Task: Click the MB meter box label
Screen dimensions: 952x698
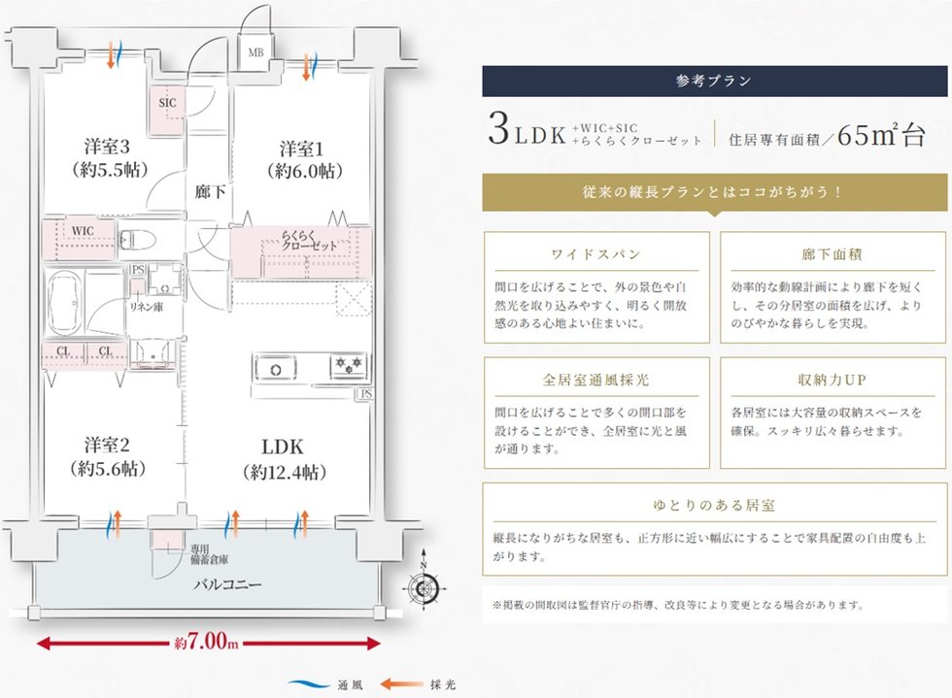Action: coord(255,52)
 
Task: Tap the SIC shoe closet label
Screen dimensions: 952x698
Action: coord(167,103)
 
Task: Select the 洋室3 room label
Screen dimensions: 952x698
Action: coord(107,147)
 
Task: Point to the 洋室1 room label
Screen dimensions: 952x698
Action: coord(301,150)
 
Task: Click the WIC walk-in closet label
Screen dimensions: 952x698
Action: coord(83,231)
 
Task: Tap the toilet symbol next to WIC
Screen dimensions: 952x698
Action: coord(137,241)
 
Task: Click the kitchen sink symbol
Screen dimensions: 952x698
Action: coord(276,369)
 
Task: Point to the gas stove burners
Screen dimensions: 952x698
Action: coord(349,364)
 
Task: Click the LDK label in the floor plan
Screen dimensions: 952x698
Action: coord(283,448)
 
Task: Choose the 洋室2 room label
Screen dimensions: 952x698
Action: coord(107,446)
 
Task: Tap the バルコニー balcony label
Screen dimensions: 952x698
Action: coord(227,584)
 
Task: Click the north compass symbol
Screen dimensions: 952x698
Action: coord(424,585)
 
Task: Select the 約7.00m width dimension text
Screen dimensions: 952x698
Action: coord(206,642)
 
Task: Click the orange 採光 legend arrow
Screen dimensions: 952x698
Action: coord(402,684)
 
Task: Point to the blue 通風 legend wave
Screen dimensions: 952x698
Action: coord(309,684)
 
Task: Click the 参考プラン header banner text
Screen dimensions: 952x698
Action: coord(714,81)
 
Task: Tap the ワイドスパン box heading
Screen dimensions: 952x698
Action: coord(596,254)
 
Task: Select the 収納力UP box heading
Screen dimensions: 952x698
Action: coord(833,380)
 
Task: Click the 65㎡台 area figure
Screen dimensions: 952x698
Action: coord(881,134)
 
